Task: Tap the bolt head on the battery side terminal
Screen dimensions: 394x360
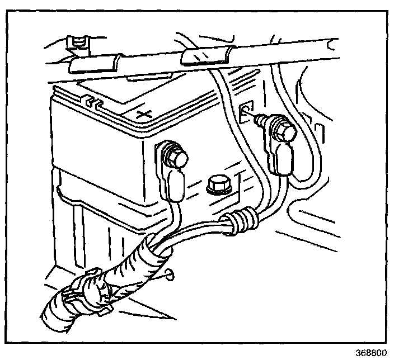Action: pos(177,159)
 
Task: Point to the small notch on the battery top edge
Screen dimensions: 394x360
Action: pos(91,102)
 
